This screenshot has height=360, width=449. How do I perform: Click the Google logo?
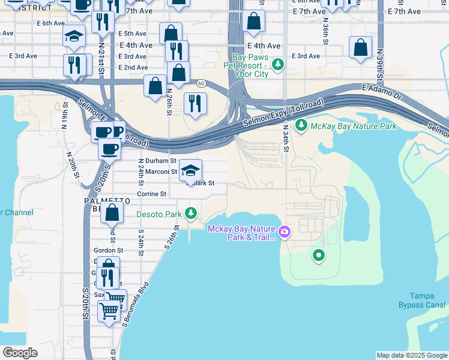coord(20,353)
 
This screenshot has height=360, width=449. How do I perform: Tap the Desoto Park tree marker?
coord(191,213)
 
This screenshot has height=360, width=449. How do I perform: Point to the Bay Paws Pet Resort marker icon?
coord(277,64)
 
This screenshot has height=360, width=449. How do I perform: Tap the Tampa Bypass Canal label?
coord(426,300)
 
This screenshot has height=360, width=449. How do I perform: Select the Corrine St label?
coord(151,194)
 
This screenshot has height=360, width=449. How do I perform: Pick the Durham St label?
coord(157,161)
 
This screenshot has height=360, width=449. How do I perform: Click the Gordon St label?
coord(108,250)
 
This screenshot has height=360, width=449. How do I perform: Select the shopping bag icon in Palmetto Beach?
coord(112,212)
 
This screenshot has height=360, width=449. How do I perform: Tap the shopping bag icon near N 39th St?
coord(360,48)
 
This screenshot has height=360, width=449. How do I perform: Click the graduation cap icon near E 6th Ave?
coord(74,37)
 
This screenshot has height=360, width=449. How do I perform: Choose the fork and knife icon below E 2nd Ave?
coord(195,104)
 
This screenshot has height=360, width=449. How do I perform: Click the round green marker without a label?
coord(319,256)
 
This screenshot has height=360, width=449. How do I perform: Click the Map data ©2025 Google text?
coord(412,355)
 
